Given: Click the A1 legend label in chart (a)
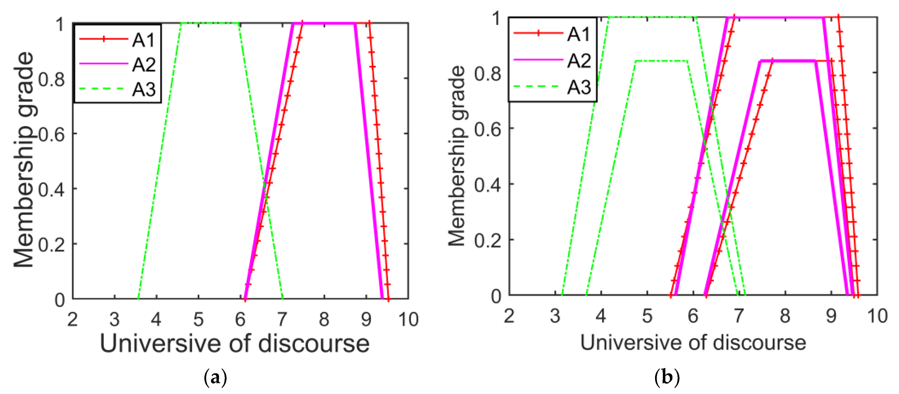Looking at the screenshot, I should click(x=143, y=40).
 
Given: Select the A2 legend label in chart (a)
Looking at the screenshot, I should click(x=143, y=65).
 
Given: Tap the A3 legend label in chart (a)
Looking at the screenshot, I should click(x=143, y=89).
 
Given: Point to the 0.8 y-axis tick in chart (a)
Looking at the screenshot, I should click(x=51, y=80).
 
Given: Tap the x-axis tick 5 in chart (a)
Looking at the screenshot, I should click(x=198, y=319).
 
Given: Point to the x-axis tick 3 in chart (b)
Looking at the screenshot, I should click(x=555, y=316).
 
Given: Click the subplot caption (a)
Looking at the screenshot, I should click(x=215, y=377).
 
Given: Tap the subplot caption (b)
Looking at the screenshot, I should click(x=667, y=377).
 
